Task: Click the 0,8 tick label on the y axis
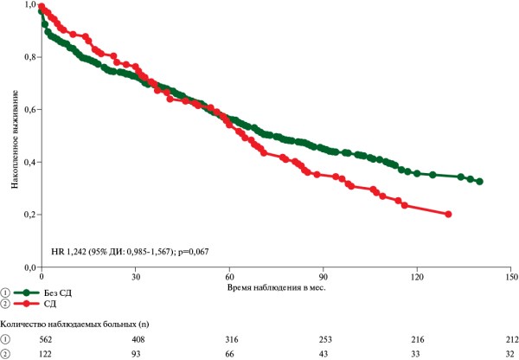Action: pos(29,57)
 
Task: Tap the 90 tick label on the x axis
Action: pos(323,277)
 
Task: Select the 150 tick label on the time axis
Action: pos(510,277)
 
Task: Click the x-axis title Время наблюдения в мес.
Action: pos(277,287)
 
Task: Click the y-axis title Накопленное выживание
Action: pos(15,139)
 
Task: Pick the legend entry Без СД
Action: pos(58,292)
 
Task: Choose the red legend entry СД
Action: pos(50,304)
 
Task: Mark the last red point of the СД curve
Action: pos(448,215)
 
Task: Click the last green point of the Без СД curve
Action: pos(479,182)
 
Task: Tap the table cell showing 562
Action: pos(45,339)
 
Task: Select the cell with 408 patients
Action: pos(138,339)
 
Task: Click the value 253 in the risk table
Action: pos(324,339)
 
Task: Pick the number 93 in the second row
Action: pos(136,354)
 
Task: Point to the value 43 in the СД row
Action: pos(323,354)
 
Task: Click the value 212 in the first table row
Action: pos(512,339)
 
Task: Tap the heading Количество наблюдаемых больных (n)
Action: pos(75,325)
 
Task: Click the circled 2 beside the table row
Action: pos(6,354)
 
